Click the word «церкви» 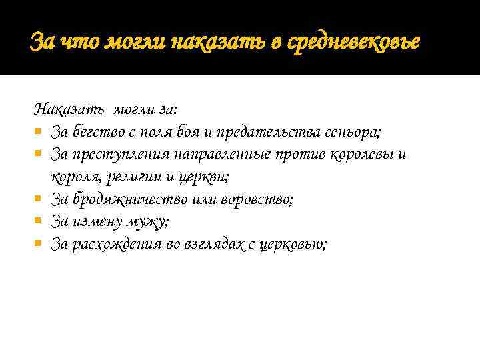[202, 177]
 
